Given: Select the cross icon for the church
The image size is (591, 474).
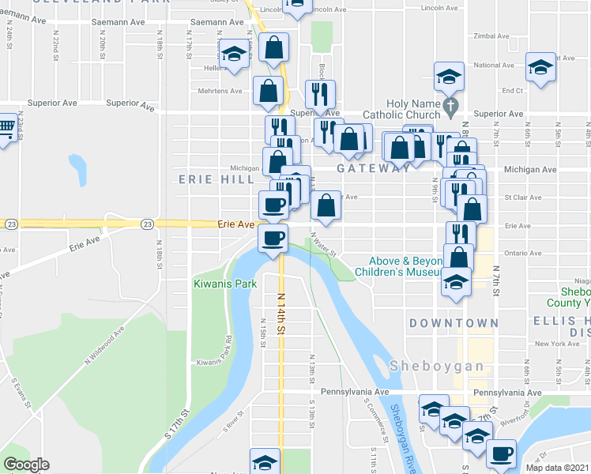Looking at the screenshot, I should click(450, 104).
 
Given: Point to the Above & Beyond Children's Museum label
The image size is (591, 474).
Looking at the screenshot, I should click(401, 266).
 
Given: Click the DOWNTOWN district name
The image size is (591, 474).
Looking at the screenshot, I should click(454, 323).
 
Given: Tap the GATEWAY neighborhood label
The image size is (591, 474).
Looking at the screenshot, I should click(373, 169).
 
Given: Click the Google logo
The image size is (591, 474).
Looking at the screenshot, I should click(26, 465).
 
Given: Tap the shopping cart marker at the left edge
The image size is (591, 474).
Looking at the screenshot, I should click(5, 127).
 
